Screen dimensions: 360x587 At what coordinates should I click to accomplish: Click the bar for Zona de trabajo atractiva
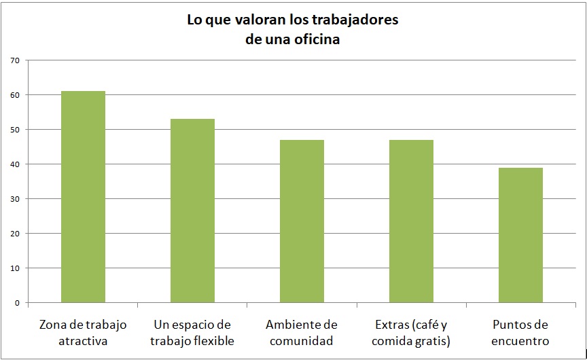pyautogui.click(x=83, y=197)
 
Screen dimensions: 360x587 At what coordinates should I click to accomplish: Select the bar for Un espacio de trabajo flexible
pyautogui.click(x=192, y=211)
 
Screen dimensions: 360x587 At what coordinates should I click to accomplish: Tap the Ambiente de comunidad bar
pyautogui.click(x=302, y=221)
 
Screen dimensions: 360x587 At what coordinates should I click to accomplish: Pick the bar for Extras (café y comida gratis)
pyautogui.click(x=411, y=221)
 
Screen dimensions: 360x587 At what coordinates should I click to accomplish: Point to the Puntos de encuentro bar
pyautogui.click(x=520, y=235)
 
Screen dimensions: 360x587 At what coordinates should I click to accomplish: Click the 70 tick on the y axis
pyautogui.click(x=15, y=60)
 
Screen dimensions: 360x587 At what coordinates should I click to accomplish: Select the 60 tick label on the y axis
pyautogui.click(x=15, y=95)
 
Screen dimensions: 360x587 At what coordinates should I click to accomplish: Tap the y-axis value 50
pyautogui.click(x=15, y=130)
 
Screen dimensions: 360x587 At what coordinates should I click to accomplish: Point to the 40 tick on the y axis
pyautogui.click(x=15, y=164)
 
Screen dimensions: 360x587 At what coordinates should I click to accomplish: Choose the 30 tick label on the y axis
pyautogui.click(x=15, y=199)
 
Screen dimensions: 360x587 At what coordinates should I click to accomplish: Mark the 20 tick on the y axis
pyautogui.click(x=15, y=234)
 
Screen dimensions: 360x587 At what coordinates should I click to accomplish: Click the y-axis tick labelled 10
pyautogui.click(x=15, y=268)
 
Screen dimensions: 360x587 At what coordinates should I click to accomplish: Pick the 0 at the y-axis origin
pyautogui.click(x=17, y=303)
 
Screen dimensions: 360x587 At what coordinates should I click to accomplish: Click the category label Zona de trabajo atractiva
pyautogui.click(x=83, y=333)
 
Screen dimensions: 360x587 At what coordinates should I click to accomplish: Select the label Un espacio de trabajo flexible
pyautogui.click(x=192, y=333)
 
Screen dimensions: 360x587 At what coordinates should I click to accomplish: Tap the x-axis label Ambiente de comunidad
pyautogui.click(x=302, y=333)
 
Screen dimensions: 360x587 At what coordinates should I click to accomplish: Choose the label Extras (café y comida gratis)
pyautogui.click(x=411, y=333)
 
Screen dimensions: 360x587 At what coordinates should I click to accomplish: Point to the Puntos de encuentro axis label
pyautogui.click(x=520, y=333)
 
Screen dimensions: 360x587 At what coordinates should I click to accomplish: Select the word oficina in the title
pyautogui.click(x=314, y=39)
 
